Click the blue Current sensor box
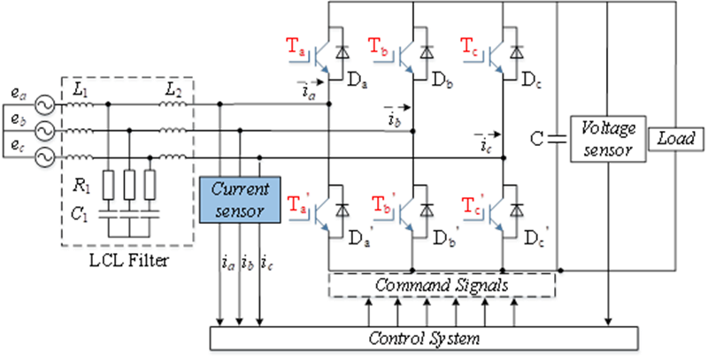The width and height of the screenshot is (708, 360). click(x=240, y=200)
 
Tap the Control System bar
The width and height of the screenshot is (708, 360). click(x=424, y=338)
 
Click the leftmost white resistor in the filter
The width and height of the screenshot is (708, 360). click(x=110, y=186)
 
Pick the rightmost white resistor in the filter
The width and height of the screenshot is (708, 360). click(x=150, y=186)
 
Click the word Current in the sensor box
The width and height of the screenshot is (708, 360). click(x=240, y=190)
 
